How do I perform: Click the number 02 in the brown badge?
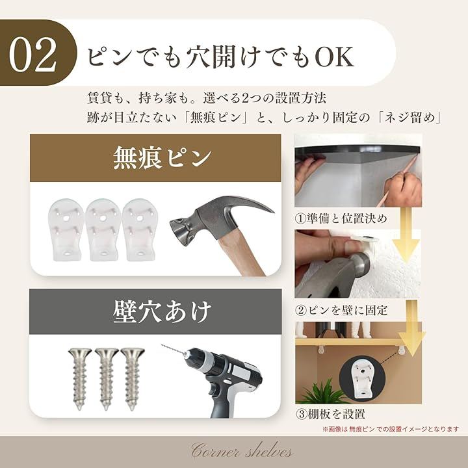click(32, 55)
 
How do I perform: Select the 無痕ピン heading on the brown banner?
click(162, 158)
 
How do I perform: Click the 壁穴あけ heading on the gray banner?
click(162, 312)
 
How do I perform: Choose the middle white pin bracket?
click(103, 229)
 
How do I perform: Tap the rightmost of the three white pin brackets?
click(139, 229)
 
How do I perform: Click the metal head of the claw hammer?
click(215, 221)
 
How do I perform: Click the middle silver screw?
click(106, 378)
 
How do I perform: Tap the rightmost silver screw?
click(132, 378)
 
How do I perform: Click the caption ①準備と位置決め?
click(341, 218)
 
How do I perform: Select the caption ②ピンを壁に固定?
click(341, 311)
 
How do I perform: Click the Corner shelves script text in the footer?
click(242, 450)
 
